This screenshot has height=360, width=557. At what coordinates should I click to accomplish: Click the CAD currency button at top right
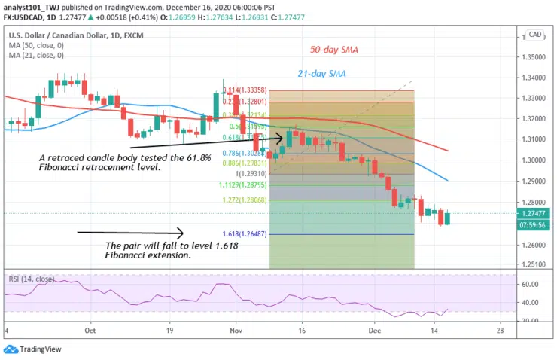click(536, 35)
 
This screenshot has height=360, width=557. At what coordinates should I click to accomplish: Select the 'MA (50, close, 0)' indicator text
click(37, 44)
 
